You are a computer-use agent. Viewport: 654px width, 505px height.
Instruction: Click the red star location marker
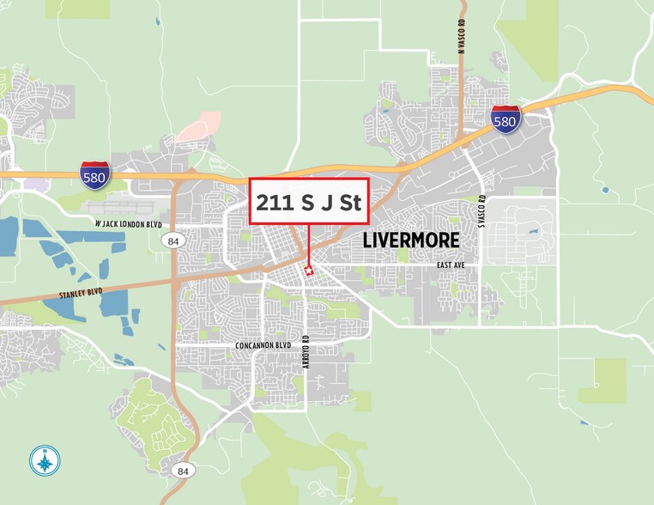(x=309, y=271)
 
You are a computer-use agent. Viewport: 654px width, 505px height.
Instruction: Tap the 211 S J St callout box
(x=309, y=203)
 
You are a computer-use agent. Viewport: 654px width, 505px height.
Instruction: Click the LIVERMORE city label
(x=411, y=240)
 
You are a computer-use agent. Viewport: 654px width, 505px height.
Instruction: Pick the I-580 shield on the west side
(x=94, y=174)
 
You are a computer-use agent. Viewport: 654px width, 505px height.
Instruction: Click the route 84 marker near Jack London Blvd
(x=173, y=241)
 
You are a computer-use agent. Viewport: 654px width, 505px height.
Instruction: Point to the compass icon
(x=44, y=462)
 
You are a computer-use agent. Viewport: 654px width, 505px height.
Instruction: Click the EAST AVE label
(x=450, y=265)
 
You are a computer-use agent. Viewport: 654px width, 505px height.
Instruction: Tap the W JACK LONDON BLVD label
(x=128, y=225)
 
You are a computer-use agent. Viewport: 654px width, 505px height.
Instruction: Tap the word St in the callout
(x=349, y=204)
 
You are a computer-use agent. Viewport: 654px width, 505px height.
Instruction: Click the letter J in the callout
(x=327, y=204)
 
